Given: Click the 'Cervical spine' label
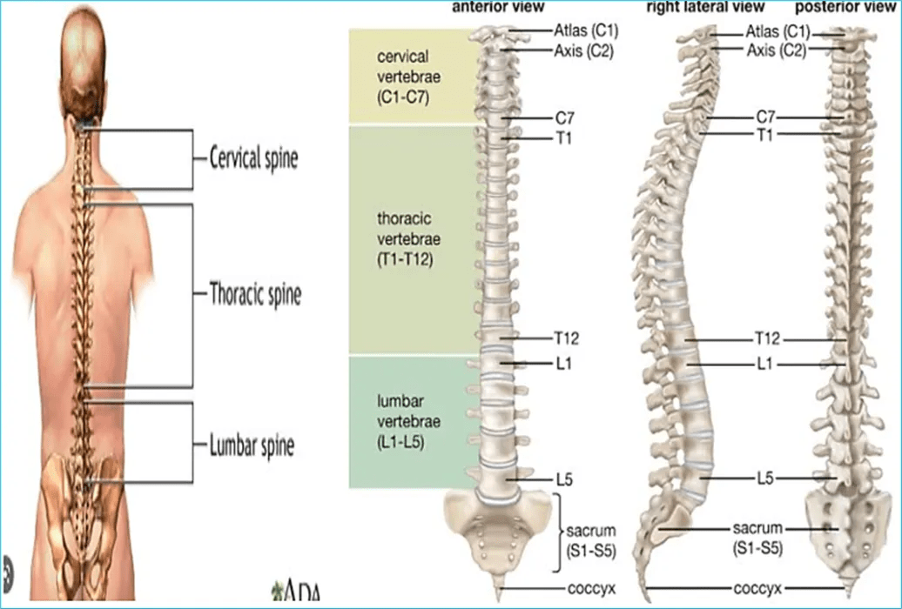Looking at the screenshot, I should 253,159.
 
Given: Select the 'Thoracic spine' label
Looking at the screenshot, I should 255,294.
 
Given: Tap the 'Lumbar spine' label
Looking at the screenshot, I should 252,446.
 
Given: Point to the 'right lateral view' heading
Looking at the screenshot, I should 705,7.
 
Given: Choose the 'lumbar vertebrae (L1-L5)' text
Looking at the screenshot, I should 409,421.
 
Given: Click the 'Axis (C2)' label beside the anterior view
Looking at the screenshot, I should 584,50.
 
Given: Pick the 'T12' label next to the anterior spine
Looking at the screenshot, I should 566,338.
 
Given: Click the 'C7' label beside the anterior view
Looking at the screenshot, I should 564,117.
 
